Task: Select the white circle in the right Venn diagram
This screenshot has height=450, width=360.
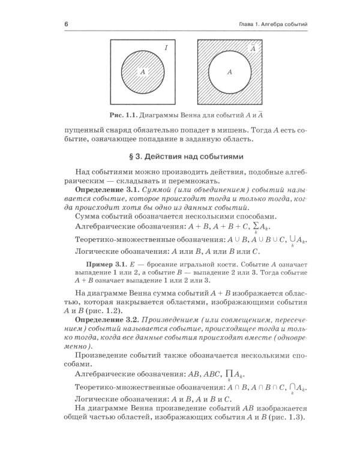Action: click(x=229, y=71)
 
